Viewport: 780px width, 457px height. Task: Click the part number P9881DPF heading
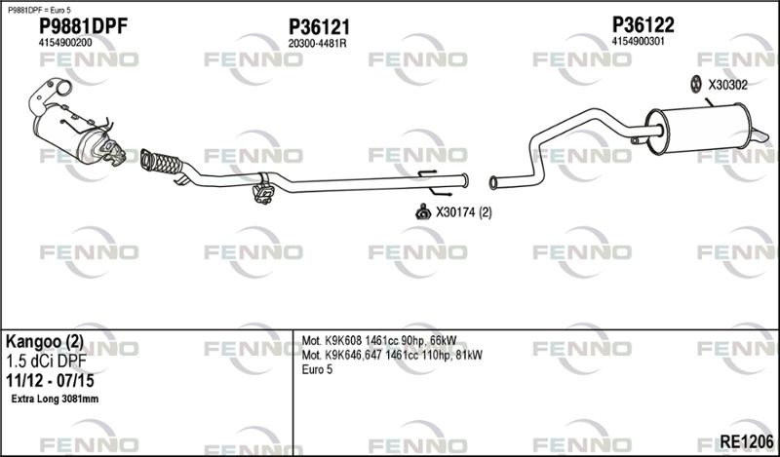(83, 26)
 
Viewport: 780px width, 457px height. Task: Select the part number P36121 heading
(320, 27)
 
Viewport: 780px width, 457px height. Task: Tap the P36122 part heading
(643, 24)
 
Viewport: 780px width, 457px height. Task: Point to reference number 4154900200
(65, 43)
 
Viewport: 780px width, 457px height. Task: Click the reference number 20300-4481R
(318, 44)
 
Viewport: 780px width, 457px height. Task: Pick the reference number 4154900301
(639, 41)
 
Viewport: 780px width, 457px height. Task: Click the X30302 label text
(727, 85)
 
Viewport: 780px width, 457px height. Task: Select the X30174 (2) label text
(464, 212)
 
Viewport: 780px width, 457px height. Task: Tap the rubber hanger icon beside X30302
(696, 85)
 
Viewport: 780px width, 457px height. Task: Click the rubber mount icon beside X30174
(423, 212)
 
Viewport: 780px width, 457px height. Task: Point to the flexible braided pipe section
(161, 162)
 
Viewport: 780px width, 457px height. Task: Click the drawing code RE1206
(747, 440)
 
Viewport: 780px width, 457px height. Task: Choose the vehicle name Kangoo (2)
(44, 342)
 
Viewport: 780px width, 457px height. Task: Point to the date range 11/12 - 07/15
(50, 381)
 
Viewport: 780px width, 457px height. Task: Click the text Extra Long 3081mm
(55, 399)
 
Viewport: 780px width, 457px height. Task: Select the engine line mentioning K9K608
(379, 341)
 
